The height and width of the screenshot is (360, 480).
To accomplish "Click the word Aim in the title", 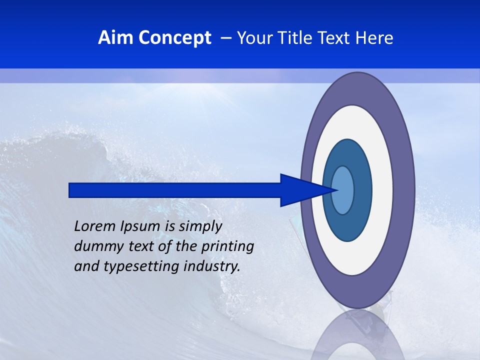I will tap(116, 38).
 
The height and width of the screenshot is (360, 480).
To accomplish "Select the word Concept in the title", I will tap(174, 38).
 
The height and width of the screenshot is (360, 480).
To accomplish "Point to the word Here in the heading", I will tap(374, 38).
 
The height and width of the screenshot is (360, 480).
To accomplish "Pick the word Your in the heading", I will tap(254, 38).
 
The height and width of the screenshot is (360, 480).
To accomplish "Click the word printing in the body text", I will tap(229, 247).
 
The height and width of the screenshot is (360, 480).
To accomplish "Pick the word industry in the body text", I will tap(212, 267).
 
